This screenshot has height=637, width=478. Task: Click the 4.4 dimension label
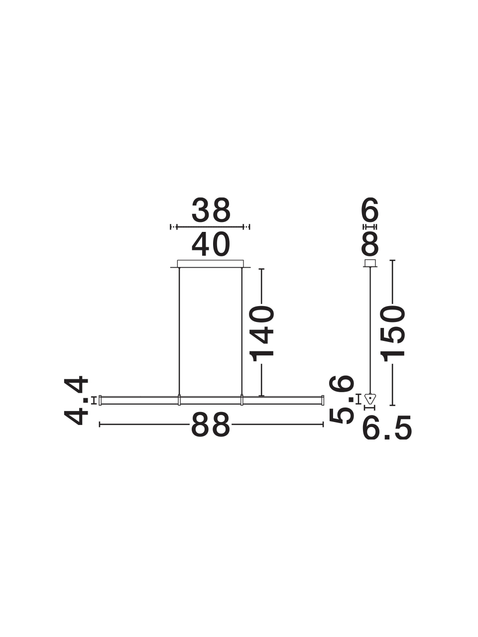coord(76,401)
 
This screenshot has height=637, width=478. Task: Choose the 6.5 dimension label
coord(387,428)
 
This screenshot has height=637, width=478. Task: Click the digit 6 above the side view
coord(370,209)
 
